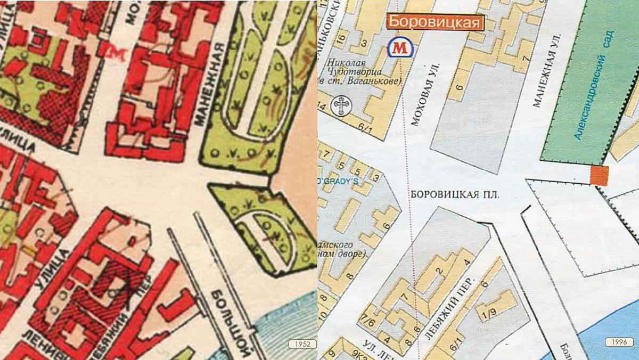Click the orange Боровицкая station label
[x=435, y=22]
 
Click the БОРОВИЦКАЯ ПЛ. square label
[x=455, y=195]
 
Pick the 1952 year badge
[x=302, y=343]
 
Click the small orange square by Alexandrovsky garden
[x=599, y=175]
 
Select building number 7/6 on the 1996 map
[x=367, y=320]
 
